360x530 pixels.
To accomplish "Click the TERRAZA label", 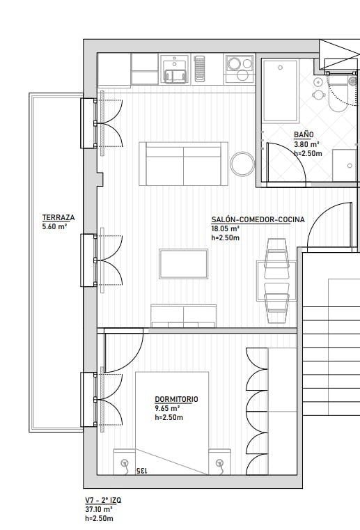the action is click(x=58, y=218).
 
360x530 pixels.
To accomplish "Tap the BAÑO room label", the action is click(x=304, y=134).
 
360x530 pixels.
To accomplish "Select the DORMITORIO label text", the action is click(x=176, y=399).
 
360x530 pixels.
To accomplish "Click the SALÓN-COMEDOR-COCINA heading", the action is click(x=258, y=219).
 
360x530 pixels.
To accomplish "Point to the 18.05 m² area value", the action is click(x=226, y=228).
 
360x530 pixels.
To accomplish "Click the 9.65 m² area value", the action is click(x=167, y=408).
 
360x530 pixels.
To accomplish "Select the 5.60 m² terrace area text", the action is click(x=54, y=226).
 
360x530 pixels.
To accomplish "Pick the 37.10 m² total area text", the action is click(x=99, y=509).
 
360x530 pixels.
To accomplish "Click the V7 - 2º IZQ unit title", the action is click(x=103, y=500).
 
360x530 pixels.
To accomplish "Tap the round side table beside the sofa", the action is click(x=242, y=164).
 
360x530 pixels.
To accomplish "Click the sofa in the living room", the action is click(x=183, y=164).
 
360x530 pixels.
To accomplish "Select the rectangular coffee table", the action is click(x=184, y=264).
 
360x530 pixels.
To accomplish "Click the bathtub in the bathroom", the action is click(x=280, y=91).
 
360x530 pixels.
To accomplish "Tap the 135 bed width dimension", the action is click(x=142, y=470).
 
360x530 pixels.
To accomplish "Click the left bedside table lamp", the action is click(x=125, y=463).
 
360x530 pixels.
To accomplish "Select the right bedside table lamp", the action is click(x=220, y=463).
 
